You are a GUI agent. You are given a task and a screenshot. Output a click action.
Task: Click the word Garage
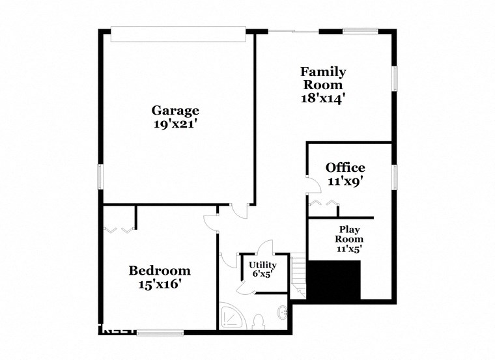click(175, 110)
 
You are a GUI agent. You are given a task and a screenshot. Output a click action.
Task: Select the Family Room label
click(322, 78)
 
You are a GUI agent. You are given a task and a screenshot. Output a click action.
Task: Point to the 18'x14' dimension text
click(322, 98)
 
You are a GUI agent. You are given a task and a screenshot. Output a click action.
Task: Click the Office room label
click(345, 168)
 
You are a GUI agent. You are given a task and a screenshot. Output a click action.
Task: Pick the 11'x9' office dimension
click(345, 182)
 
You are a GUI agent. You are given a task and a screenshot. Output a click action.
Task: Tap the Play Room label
click(349, 234)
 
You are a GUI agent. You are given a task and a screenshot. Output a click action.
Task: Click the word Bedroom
click(160, 270)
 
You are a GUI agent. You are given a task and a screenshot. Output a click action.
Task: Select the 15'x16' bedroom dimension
click(160, 284)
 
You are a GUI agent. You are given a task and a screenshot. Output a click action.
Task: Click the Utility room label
click(263, 265)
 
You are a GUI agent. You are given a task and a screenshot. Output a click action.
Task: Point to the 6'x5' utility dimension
click(263, 274)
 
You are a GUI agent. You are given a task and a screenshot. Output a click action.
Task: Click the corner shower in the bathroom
click(231, 317)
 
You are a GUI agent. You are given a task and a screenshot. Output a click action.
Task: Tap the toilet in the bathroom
click(259, 321)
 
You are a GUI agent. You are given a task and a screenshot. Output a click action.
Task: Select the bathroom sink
click(283, 312)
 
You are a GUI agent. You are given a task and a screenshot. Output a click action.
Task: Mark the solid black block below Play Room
click(333, 281)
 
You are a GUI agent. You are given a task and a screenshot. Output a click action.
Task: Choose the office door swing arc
click(314, 185)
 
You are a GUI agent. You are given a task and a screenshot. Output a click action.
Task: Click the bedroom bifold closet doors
click(119, 228)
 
